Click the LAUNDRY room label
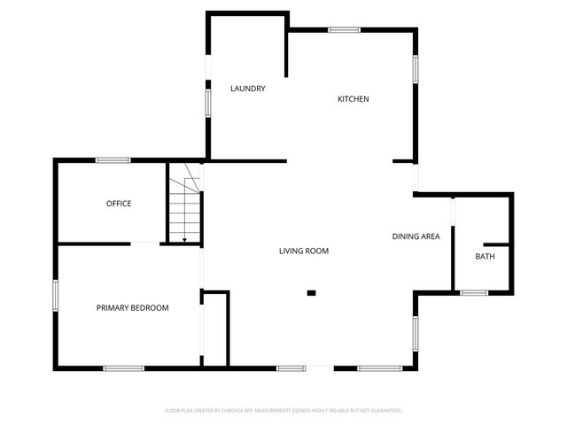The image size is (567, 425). (x=248, y=89)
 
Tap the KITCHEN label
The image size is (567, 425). (x=353, y=99)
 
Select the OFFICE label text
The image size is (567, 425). (x=119, y=204)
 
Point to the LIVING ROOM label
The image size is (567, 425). (x=304, y=251)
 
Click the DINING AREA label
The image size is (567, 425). (x=416, y=236)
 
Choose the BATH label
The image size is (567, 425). (x=485, y=257)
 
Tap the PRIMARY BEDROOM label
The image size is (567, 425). (x=132, y=308)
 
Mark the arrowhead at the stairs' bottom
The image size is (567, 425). (x=184, y=239)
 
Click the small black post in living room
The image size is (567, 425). (x=311, y=292)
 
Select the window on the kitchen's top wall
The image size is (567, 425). (x=344, y=30)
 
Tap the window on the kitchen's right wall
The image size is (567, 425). (x=415, y=69)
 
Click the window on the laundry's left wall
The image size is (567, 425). (x=208, y=101)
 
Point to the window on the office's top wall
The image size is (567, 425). (x=113, y=160)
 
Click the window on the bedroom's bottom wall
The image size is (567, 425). (x=123, y=367)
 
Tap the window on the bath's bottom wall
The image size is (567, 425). (x=474, y=292)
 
